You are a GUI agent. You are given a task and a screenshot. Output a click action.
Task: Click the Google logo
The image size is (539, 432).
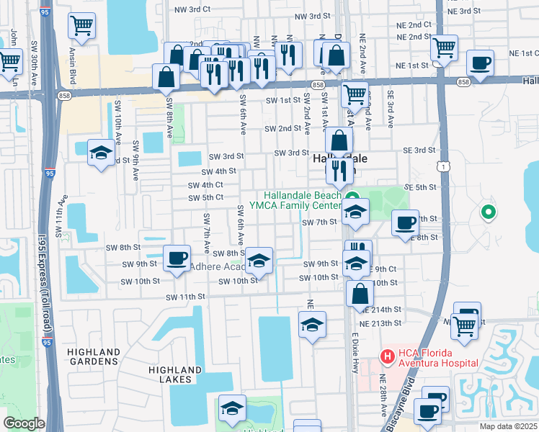[x=24, y=423]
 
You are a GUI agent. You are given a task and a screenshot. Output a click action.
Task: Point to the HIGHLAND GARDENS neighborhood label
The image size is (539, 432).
[x=94, y=357]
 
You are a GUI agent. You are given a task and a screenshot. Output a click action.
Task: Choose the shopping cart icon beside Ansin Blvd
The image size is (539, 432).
[x=81, y=27]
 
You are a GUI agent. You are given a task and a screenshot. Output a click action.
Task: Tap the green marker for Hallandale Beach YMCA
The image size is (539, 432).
[x=352, y=199]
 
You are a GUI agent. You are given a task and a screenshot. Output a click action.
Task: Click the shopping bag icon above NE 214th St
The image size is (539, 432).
[x=359, y=294]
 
